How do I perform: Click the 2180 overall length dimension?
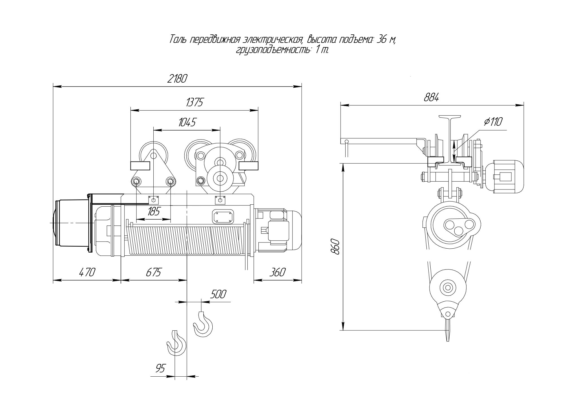coord(177,79)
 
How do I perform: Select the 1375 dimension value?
coord(195,103)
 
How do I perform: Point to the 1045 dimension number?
coord(187,122)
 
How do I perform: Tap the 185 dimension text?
coord(154,211)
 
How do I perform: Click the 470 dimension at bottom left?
coord(87,272)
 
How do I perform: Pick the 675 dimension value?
coord(154,272)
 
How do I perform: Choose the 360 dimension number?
coord(277,272)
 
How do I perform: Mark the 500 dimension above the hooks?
coord(218,294)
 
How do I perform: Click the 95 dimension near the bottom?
coord(160,368)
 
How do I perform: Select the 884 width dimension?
coord(431,98)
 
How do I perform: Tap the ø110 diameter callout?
coord(493,122)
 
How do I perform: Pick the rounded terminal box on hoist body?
coord(223,216)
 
